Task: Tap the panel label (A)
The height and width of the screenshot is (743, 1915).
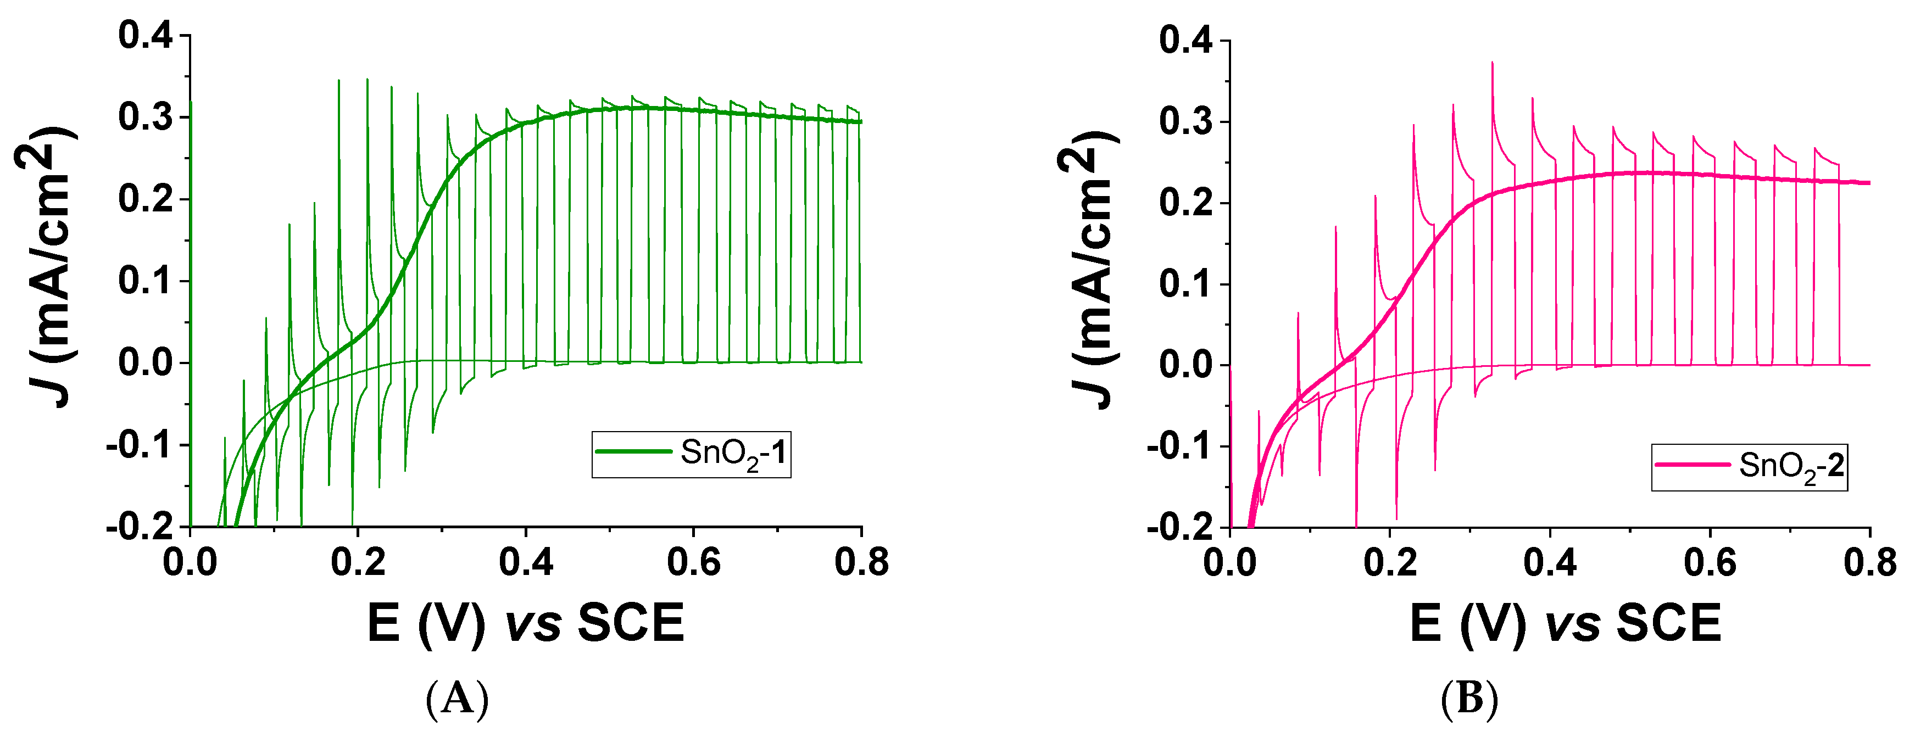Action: click(457, 699)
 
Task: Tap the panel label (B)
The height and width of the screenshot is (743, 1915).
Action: click(1469, 699)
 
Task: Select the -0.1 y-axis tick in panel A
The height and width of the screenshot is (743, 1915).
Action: click(139, 446)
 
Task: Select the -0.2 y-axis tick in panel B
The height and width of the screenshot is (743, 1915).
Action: click(1180, 528)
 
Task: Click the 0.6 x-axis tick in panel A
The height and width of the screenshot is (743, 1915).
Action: click(694, 562)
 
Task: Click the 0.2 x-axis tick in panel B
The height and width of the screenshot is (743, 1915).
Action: click(1391, 562)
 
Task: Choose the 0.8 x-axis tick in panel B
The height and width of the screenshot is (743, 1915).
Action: click(1869, 562)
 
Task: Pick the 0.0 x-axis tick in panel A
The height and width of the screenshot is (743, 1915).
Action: click(190, 562)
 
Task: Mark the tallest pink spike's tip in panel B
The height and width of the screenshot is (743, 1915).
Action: click(1492, 63)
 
